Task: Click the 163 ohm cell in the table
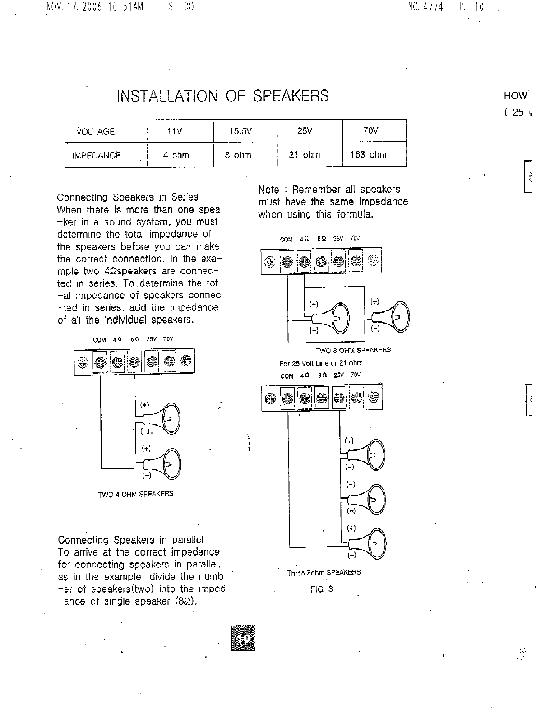368,155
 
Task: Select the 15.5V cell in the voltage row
240,131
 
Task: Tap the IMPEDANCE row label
97,155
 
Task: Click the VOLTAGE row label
96,131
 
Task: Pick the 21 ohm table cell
304,155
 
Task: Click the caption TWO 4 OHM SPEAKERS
135,494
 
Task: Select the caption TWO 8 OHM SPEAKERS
353,350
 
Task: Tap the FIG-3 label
321,589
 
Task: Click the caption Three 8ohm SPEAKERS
324,573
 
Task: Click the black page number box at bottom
243,638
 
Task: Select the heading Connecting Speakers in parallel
131,540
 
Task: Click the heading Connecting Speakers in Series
128,197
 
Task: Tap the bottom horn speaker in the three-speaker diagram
374,542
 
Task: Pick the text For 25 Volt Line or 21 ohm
321,363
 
